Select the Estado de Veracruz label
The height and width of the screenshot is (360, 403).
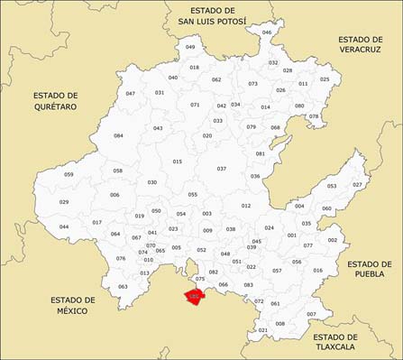tap(360, 45)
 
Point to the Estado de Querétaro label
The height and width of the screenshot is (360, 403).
tap(55, 100)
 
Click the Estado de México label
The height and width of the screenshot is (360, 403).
tap(73, 305)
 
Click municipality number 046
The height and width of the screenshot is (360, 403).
tap(266, 32)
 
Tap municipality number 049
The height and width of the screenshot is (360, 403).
tap(190, 47)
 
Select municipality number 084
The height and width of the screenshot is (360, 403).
tap(118, 136)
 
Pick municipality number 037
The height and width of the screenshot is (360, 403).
tap(222, 169)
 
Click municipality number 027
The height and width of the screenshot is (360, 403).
tap(357, 184)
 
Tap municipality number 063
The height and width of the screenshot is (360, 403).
tap(123, 287)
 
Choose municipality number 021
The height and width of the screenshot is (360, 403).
tap(262, 330)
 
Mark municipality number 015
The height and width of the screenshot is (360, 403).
tap(177, 162)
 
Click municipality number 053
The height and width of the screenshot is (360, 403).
tap(332, 187)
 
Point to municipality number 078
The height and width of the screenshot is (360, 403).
tap(314, 116)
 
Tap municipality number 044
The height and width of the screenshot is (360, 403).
tap(64, 226)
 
